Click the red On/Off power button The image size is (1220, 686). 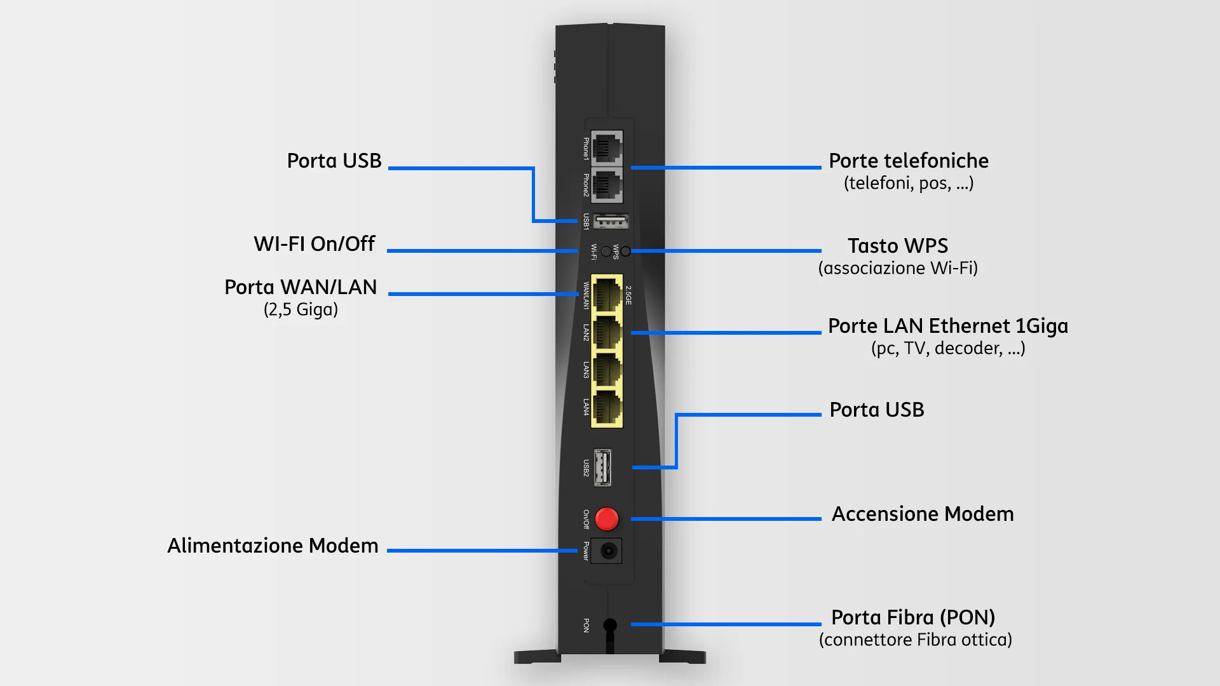click(607, 519)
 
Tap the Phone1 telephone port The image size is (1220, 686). click(607, 148)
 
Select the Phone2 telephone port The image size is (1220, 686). click(607, 185)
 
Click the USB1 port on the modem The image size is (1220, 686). click(611, 222)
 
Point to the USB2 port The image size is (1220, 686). click(602, 467)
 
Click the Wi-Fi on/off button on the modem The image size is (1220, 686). click(606, 252)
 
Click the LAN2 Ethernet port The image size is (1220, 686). click(607, 333)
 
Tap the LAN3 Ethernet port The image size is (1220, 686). click(607, 370)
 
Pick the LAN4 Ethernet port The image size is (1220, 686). click(607, 408)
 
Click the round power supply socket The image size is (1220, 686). click(608, 551)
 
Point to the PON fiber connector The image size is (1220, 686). click(610, 626)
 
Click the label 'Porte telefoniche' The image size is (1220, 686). click(909, 161)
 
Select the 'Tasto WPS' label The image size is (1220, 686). click(898, 246)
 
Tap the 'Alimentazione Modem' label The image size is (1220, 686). click(273, 546)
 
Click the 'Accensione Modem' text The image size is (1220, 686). click(923, 514)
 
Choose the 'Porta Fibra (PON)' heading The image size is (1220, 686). click(913, 617)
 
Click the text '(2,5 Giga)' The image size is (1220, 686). click(301, 310)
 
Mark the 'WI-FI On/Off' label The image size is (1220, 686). click(315, 244)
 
